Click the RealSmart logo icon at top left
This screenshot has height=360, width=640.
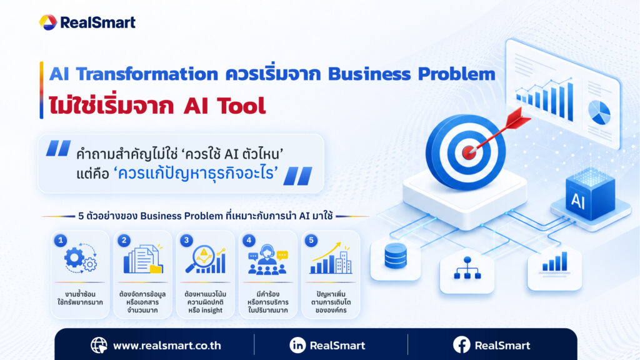pos(47,22)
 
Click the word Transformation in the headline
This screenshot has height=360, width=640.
pos(147,74)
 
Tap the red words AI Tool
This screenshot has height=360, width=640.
pos(224,106)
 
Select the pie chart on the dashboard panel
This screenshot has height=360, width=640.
pos(599,112)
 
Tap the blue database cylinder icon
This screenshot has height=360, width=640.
pos(396,256)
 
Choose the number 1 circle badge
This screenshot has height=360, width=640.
pos(61,240)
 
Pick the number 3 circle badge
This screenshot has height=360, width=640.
pos(186,240)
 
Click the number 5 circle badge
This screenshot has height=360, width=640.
pos(311,240)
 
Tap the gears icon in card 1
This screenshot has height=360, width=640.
pos(81,258)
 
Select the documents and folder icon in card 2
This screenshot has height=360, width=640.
pos(143,259)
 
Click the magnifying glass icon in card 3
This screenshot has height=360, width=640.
pos(205,259)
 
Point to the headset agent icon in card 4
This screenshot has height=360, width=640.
pos(267,259)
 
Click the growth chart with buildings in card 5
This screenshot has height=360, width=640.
pos(331,258)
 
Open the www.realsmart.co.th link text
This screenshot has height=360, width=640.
pos(167,346)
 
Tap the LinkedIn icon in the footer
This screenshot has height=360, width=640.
pos(297,345)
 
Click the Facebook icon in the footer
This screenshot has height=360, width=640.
pos(462,345)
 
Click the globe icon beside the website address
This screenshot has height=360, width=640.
pos(99,345)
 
